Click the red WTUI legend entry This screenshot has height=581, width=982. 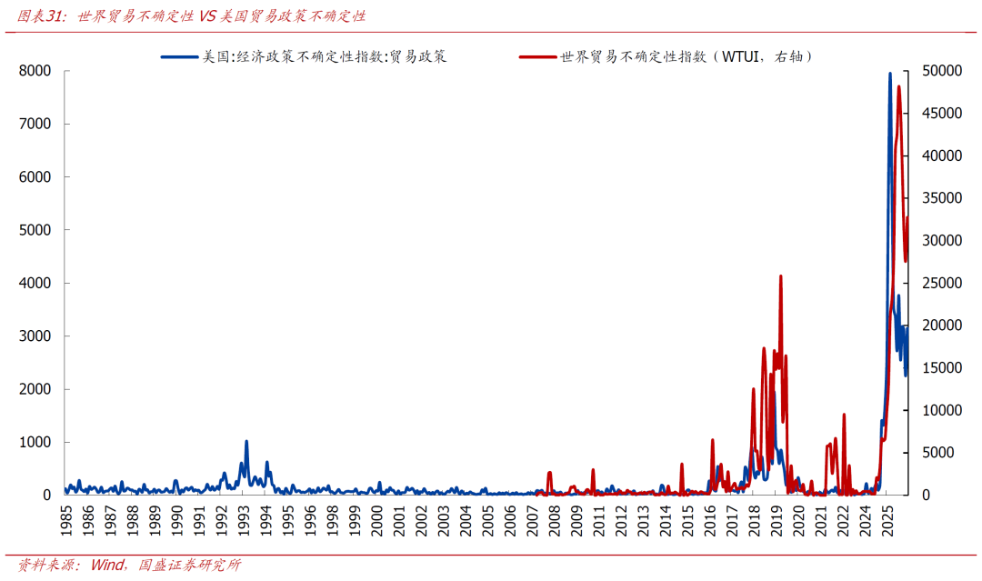pyautogui.click(x=667, y=56)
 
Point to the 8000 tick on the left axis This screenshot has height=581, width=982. pyautogui.click(x=35, y=71)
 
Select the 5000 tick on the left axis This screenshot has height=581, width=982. pyautogui.click(x=35, y=230)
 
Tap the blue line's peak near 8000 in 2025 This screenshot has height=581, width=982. pyautogui.click(x=890, y=74)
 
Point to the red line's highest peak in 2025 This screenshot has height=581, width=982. pyautogui.click(x=899, y=86)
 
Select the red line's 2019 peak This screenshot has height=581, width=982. pyautogui.click(x=780, y=276)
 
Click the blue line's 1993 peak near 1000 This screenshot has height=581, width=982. pyautogui.click(x=246, y=442)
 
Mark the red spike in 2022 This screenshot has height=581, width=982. pyautogui.click(x=844, y=415)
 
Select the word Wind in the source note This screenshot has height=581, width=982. pyautogui.click(x=108, y=565)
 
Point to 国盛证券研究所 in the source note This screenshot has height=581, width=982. pyautogui.click(x=190, y=565)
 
